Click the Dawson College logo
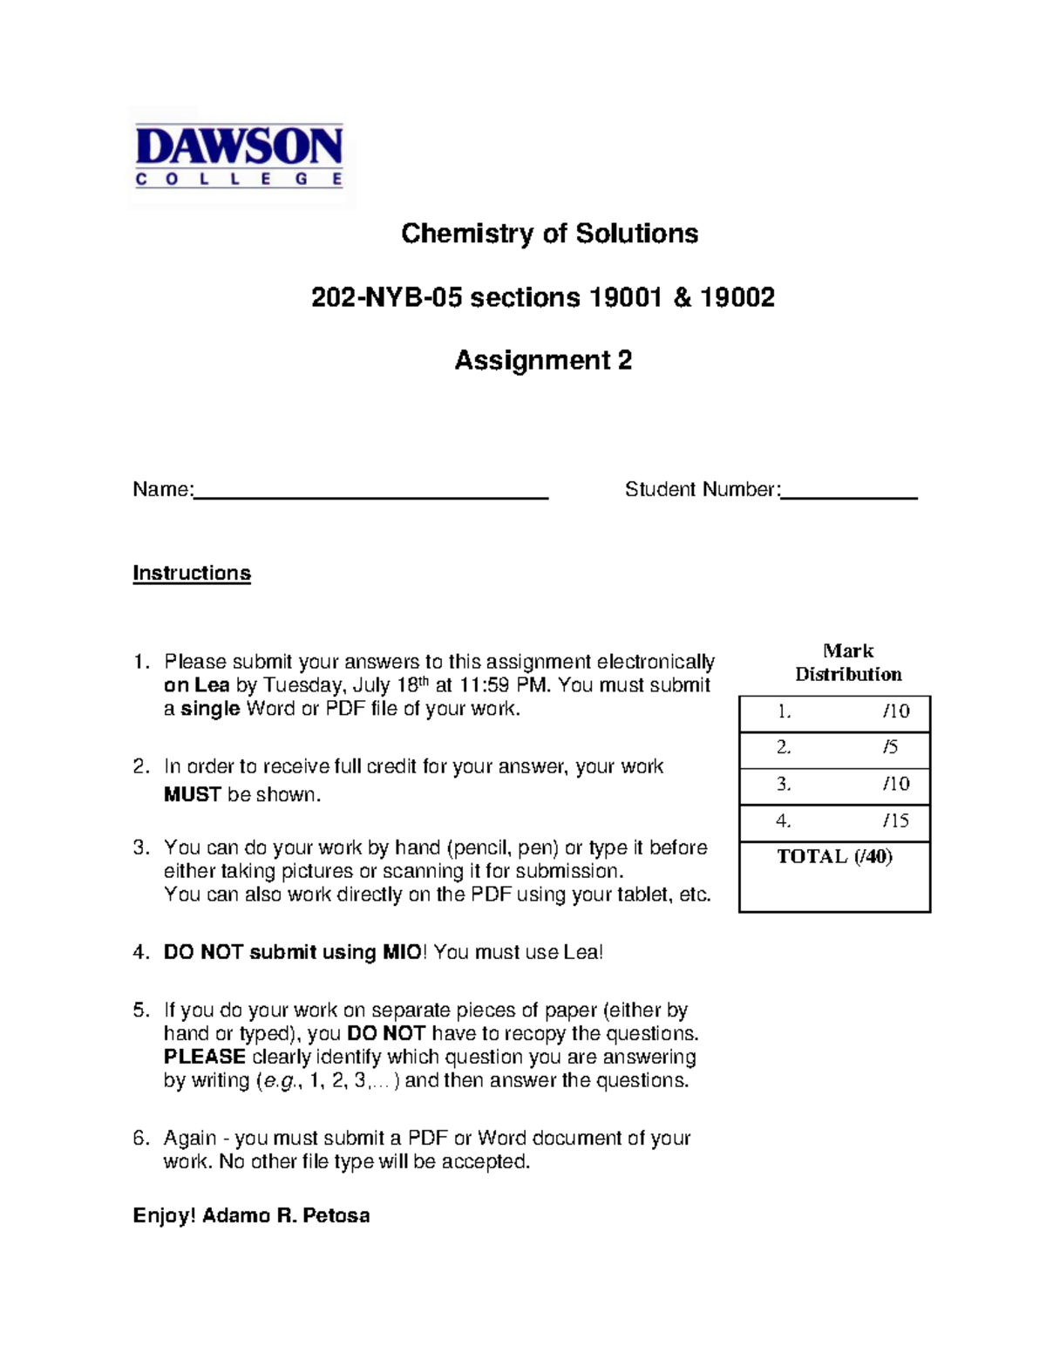[240, 157]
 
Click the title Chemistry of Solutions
[549, 234]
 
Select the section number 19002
[737, 298]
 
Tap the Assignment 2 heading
[543, 360]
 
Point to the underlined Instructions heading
[192, 573]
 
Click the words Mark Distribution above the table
[848, 663]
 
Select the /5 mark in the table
[890, 747]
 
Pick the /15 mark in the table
[895, 820]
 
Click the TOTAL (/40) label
[834, 856]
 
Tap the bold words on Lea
[196, 685]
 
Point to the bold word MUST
[193, 794]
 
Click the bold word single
[210, 709]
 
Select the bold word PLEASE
[205, 1057]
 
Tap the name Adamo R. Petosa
[286, 1215]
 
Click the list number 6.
[141, 1138]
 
